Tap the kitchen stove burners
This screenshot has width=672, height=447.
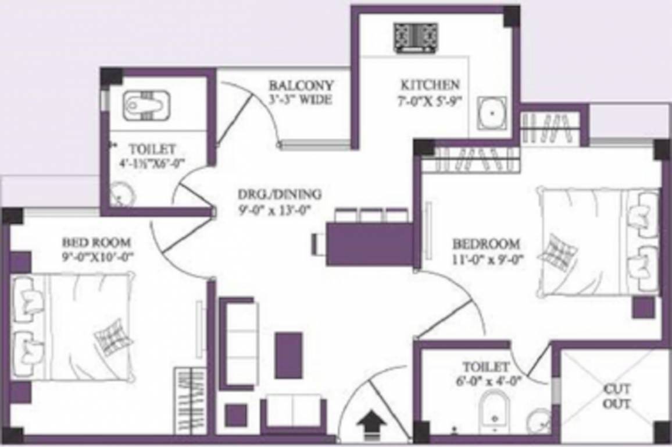[x=416, y=37]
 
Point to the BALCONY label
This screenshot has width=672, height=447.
[x=301, y=85]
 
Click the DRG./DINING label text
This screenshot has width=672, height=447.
[x=279, y=194]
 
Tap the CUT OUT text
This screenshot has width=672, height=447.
[x=617, y=396]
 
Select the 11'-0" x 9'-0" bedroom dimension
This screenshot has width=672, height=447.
[x=485, y=260]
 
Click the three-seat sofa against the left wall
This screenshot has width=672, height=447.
[x=238, y=343]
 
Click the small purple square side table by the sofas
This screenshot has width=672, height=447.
[x=236, y=415]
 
